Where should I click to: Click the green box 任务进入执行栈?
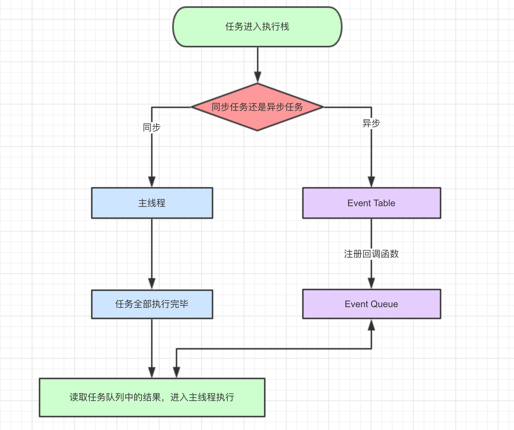257,27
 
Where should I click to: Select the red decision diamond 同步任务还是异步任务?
257,107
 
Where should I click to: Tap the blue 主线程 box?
152,203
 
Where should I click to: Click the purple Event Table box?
371,203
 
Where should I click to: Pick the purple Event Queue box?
371,304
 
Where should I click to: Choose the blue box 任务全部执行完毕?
152,304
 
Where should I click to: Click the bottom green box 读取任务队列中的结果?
152,397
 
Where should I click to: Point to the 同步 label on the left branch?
152,127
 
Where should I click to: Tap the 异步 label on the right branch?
371,123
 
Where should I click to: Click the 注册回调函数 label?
371,254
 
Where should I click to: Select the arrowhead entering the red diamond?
258,77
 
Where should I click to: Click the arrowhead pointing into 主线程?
152,181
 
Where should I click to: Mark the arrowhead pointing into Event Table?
371,181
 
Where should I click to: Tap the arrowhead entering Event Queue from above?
371,283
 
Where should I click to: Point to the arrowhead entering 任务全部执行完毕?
152,283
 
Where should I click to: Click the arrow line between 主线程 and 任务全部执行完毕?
152,247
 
